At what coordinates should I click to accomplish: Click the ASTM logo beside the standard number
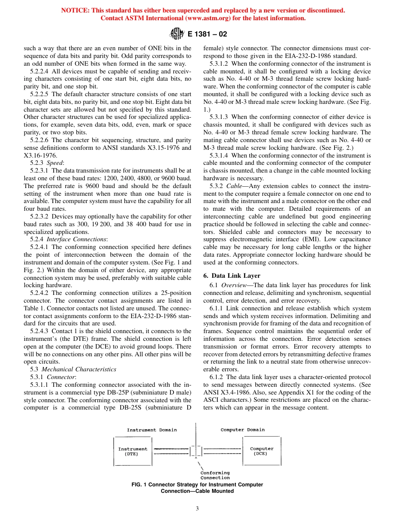coord(176,33)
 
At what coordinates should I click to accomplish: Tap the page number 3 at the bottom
coord(197,509)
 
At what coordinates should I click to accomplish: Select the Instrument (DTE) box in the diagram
coord(132,451)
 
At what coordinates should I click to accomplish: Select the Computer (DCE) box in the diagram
coord(262,451)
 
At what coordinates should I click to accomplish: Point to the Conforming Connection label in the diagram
coord(215,475)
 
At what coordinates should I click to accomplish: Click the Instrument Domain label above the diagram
coord(152,430)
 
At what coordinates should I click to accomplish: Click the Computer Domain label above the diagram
coord(243,430)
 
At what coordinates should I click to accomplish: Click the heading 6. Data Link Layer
coord(231,276)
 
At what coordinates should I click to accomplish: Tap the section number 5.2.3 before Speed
coord(37,162)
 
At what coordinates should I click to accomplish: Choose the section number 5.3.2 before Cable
coord(217,186)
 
